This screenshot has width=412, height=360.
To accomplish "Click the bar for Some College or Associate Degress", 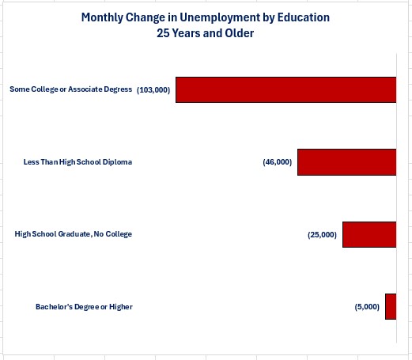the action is click(x=286, y=89).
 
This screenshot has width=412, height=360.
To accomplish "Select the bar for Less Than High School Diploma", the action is click(x=347, y=162).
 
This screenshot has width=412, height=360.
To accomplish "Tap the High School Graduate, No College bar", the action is click(x=369, y=234).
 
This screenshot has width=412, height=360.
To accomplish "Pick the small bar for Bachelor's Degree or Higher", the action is click(x=391, y=306).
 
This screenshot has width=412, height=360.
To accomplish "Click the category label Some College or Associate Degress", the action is click(x=71, y=89).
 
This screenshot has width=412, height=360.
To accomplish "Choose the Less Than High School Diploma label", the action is click(x=77, y=162).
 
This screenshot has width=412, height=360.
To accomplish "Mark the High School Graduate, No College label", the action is click(x=74, y=234).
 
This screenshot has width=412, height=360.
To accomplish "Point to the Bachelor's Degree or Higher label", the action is click(x=84, y=307).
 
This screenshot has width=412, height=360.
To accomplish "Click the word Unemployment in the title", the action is click(x=220, y=18).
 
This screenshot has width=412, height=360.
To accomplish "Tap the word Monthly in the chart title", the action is click(x=102, y=17).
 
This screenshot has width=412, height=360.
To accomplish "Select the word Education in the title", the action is click(x=304, y=17).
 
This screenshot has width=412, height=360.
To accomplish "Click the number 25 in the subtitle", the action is click(x=163, y=33).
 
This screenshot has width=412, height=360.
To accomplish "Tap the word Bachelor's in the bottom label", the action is click(x=54, y=307).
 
